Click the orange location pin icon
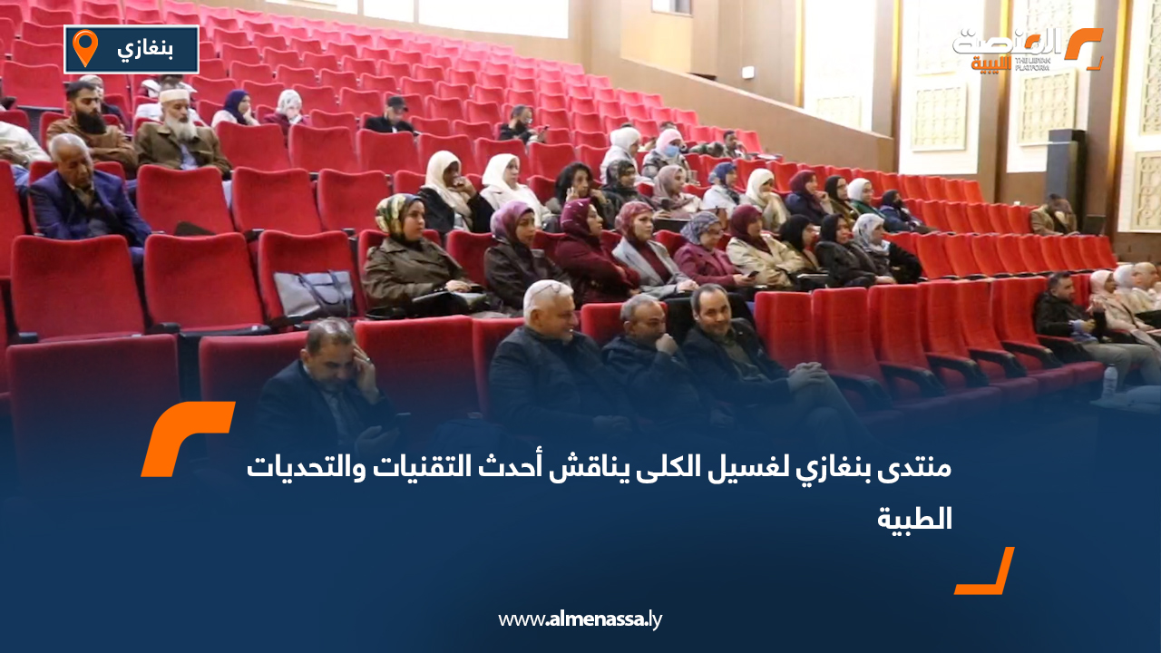click(x=84, y=47)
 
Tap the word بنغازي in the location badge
click(x=145, y=49)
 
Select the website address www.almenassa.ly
click(x=580, y=619)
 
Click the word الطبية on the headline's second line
click(x=915, y=519)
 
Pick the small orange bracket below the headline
click(x=986, y=573)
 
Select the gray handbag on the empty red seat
click(x=314, y=295)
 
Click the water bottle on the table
click(x=1108, y=381)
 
